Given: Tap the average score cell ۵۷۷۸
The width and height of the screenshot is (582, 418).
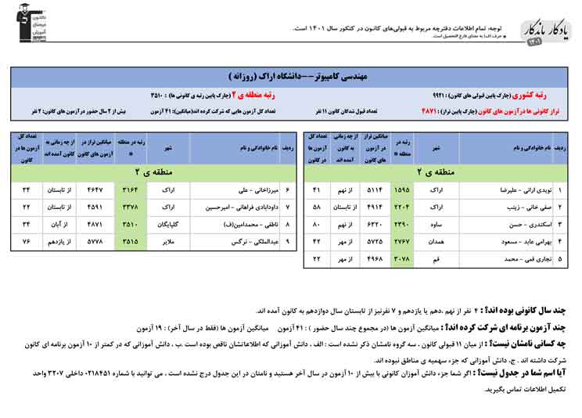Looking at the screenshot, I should pos(94,240).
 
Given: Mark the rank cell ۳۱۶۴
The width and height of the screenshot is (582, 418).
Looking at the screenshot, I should pos(130,190).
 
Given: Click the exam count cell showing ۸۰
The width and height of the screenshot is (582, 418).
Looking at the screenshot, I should pos(317,224).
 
